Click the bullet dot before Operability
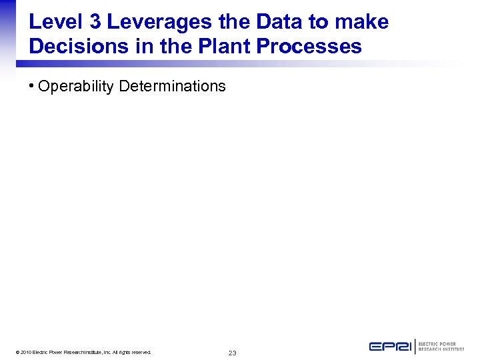(33, 86)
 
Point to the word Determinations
(172, 86)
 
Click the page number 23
(232, 353)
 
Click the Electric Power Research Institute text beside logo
(441, 347)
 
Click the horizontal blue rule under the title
(200, 64)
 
